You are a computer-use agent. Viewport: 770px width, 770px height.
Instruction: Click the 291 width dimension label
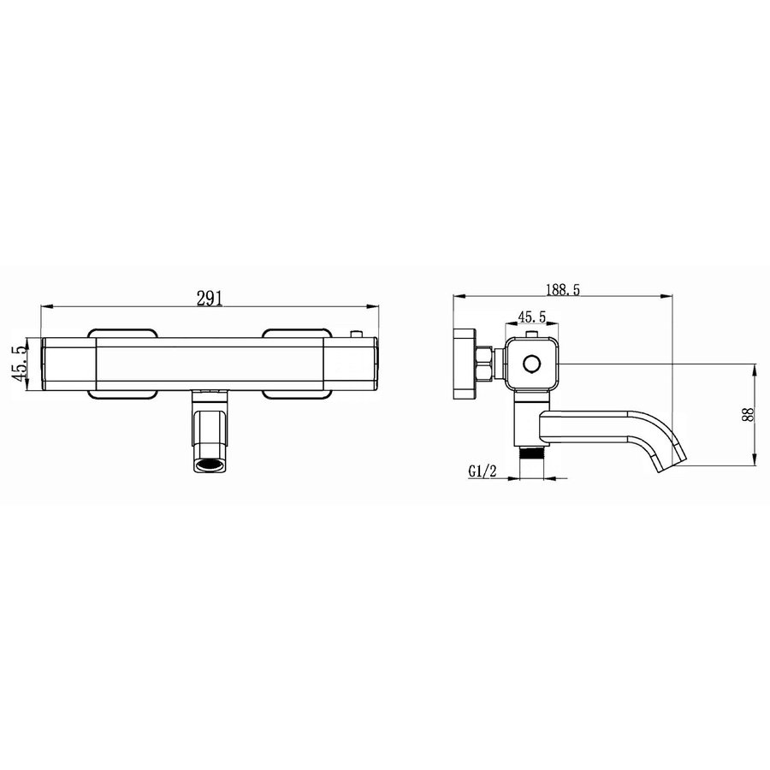(x=210, y=297)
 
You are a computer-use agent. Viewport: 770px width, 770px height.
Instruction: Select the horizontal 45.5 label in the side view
(x=530, y=316)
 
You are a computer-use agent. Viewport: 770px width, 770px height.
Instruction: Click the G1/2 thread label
(x=483, y=471)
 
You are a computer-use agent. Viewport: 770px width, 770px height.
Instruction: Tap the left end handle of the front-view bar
(x=68, y=364)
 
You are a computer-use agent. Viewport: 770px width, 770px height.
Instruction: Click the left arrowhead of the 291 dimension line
(x=47, y=305)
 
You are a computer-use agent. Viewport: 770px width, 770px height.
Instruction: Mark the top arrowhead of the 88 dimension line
(x=755, y=370)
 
